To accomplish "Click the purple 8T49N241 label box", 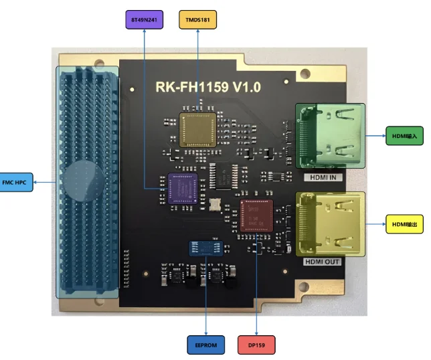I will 145,19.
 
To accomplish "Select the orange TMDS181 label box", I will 198,19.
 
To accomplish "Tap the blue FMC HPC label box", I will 17,181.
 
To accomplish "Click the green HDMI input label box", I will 404,136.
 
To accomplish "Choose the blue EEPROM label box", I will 205,345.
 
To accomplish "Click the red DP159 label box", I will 256,345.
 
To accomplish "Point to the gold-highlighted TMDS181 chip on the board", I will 199,127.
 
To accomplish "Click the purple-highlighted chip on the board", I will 180,187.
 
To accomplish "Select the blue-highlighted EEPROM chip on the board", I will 205,248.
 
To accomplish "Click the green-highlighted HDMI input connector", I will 331,135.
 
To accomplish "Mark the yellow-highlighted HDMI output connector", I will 331,223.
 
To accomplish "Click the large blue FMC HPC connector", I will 87,181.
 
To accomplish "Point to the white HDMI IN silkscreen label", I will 325,177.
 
